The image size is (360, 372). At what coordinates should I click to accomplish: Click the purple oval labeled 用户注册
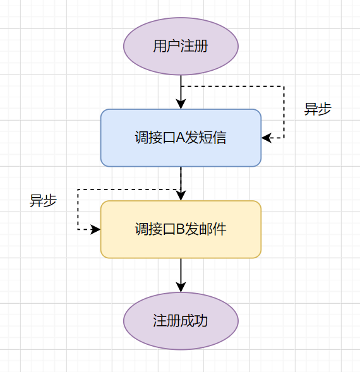coord(181,46)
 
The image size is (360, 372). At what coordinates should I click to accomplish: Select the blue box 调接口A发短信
coord(181,138)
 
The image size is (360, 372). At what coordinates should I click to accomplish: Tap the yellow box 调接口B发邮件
coord(181,229)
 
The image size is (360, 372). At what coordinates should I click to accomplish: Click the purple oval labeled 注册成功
coord(181,321)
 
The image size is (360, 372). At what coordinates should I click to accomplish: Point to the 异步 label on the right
coord(318,109)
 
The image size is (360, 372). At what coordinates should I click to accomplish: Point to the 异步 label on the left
coord(43,200)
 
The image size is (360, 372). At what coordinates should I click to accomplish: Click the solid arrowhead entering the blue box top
coord(181,104)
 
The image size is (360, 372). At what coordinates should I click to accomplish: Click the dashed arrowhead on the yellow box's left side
coord(96,229)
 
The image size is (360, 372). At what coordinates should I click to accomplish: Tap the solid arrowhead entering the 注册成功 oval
coord(181,287)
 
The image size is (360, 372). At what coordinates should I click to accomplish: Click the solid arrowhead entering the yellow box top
coord(181,196)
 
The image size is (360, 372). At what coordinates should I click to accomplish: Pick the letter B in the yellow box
coord(179,230)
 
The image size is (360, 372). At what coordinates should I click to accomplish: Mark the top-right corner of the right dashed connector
coord(284,86)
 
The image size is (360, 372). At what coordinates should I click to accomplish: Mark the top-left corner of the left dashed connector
coord(78,188)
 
